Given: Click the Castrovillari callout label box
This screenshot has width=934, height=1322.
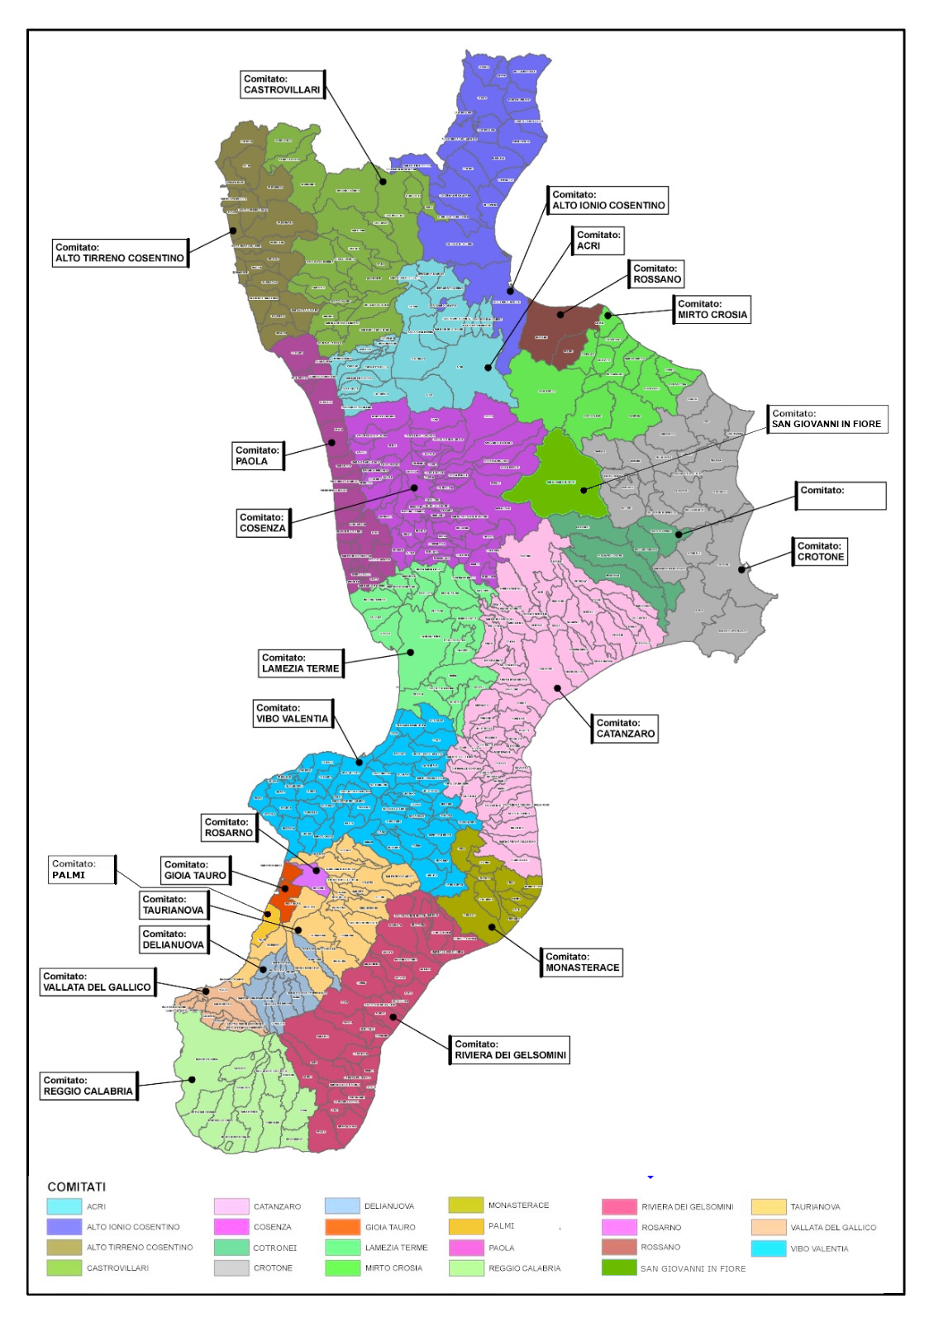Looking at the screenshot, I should pyautogui.click(x=282, y=84).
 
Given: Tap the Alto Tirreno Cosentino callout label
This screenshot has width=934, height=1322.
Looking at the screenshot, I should pyautogui.click(x=120, y=253).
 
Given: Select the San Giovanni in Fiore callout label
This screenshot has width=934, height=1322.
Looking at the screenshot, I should pyautogui.click(x=827, y=419).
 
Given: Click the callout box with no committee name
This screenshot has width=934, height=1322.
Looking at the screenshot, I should pyautogui.click(x=841, y=496).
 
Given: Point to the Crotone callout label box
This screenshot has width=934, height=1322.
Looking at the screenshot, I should pyautogui.click(x=821, y=551).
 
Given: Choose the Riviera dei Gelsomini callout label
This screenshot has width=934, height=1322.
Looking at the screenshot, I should pyautogui.click(x=510, y=1049).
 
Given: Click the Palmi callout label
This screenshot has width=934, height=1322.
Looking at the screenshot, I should pyautogui.click(x=81, y=869).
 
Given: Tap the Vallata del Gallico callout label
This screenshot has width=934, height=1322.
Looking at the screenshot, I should pyautogui.click(x=97, y=982).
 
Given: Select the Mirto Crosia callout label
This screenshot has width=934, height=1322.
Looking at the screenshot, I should pyautogui.click(x=712, y=309).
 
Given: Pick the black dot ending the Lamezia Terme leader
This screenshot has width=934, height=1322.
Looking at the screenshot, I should pyautogui.click(x=411, y=652).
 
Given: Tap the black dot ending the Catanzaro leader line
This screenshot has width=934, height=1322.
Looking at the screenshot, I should pyautogui.click(x=557, y=687).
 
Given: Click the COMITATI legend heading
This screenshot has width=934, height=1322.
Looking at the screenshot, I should pyautogui.click(x=76, y=1186).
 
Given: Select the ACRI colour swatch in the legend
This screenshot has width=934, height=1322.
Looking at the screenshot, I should pyautogui.click(x=64, y=1206).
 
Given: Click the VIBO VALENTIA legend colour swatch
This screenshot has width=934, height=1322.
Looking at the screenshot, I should pyautogui.click(x=768, y=1248).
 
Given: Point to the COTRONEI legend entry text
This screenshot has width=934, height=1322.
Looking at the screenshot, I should pyautogui.click(x=274, y=1248).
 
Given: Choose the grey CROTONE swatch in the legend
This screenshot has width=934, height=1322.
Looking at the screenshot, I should pyautogui.click(x=231, y=1267).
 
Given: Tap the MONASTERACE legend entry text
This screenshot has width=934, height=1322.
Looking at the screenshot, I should pyautogui.click(x=518, y=1205).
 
